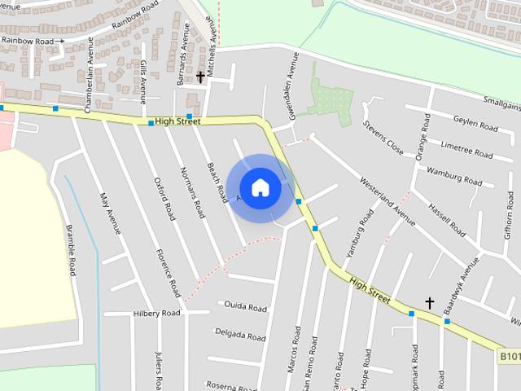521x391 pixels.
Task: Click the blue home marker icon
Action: [x=260, y=188]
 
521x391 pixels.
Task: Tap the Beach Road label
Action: [x=216, y=182]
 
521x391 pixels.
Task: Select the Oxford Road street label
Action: [x=164, y=200]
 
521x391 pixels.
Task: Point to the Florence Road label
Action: [x=169, y=272]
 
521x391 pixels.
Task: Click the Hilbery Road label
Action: [x=156, y=313]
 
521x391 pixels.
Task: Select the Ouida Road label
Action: [x=245, y=307]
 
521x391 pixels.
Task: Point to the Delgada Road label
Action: [x=239, y=334]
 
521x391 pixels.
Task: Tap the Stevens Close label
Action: [x=383, y=138]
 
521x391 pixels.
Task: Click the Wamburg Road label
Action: [x=454, y=176]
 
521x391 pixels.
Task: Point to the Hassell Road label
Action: [x=447, y=221]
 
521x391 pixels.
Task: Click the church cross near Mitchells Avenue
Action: [x=200, y=77]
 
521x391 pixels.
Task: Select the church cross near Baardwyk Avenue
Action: [x=430, y=303]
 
